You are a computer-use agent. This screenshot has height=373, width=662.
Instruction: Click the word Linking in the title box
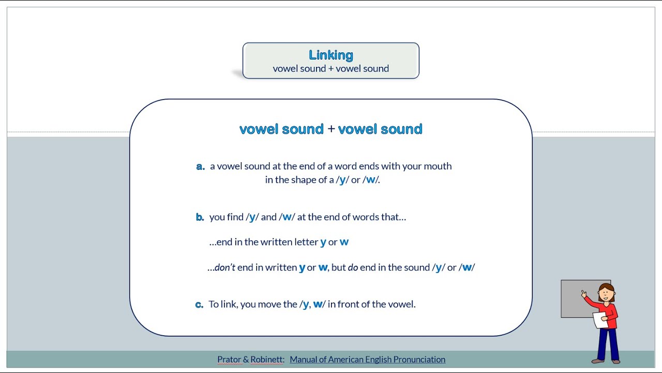click(331, 55)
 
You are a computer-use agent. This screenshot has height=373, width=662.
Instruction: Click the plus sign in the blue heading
click(331, 129)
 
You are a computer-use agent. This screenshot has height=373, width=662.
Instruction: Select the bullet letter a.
click(200, 166)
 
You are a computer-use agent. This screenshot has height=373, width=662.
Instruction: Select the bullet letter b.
click(200, 217)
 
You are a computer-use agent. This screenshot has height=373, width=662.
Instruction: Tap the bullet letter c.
click(199, 305)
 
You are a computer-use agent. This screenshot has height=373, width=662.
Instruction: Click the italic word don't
click(225, 267)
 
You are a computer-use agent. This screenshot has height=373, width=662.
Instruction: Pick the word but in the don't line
click(338, 267)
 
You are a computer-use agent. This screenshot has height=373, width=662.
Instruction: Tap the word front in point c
click(349, 304)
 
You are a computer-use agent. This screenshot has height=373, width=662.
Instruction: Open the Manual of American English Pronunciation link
click(367, 360)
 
